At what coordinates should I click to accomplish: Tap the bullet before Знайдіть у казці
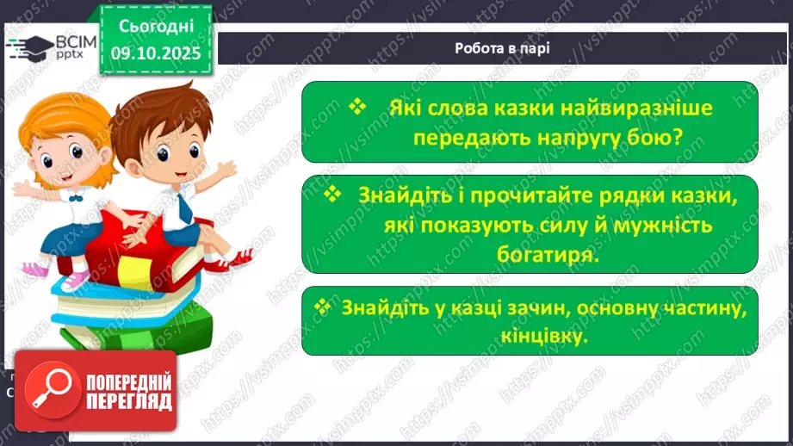pyautogui.click(x=323, y=306)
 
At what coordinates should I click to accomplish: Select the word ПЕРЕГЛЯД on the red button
pyautogui.click(x=129, y=401)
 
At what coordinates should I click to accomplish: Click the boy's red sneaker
pyautogui.click(x=238, y=257)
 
